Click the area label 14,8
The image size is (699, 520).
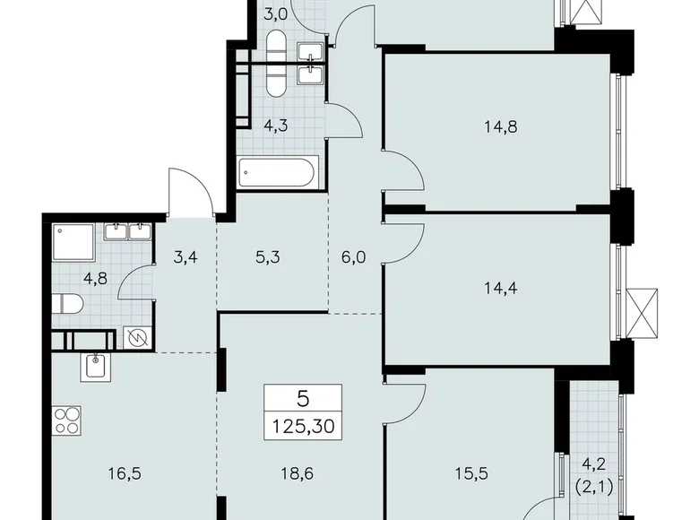[x=499, y=126]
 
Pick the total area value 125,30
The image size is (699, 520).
[x=303, y=426]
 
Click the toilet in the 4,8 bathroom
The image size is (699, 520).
[x=68, y=303]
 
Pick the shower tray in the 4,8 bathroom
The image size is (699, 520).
[x=73, y=240]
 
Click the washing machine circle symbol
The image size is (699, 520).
[x=137, y=339]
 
